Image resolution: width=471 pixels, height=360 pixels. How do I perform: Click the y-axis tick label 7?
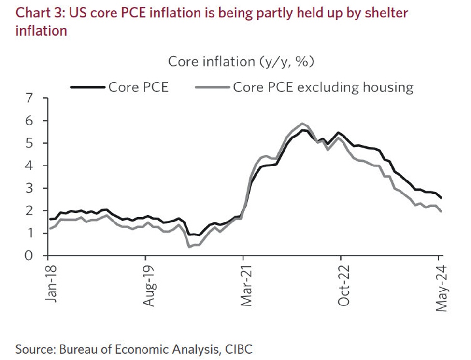[x=30, y=98]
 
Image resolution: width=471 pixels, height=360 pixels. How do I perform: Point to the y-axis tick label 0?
[x=30, y=256]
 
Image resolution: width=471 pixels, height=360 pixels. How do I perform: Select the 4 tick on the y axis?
[x=30, y=166]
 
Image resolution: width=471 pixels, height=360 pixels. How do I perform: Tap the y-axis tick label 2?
[x=30, y=211]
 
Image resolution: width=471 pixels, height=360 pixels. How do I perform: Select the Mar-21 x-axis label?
[x=246, y=285]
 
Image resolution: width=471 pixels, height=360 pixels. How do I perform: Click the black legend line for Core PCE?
[x=87, y=87]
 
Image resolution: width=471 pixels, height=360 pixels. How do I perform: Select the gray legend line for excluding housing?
[x=212, y=87]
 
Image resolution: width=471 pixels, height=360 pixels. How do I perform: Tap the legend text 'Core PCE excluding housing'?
[x=323, y=87]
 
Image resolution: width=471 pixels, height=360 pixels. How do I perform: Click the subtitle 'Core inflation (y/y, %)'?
[x=241, y=62]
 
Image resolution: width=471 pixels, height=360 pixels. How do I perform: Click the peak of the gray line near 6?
[x=302, y=123]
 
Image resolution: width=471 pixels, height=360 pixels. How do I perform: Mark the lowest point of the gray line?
[x=189, y=247]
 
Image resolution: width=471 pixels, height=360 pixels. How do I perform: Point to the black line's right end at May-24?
[x=441, y=198]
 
